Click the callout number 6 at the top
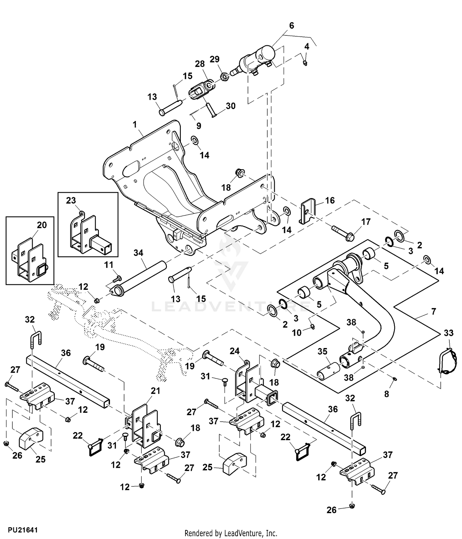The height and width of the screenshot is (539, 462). coord(291,26)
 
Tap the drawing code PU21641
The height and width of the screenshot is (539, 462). coord(23,530)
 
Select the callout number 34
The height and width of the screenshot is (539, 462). coord(138,253)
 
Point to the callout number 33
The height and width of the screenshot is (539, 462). coord(448,333)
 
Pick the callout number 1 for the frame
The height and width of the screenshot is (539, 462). coord(135,125)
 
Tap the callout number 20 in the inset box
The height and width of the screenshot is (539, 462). coord(42,225)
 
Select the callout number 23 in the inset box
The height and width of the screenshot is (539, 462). coord(71,201)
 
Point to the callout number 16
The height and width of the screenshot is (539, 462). coord(330,201)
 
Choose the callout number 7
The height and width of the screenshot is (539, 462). coord(434,311)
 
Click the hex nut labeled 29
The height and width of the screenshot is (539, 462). coord(225,75)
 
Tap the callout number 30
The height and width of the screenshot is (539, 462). coord(231,106)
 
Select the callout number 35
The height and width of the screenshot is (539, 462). coord(322,352)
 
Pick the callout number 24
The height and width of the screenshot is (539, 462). coord(235,351)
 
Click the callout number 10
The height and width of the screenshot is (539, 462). coord(297,333)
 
